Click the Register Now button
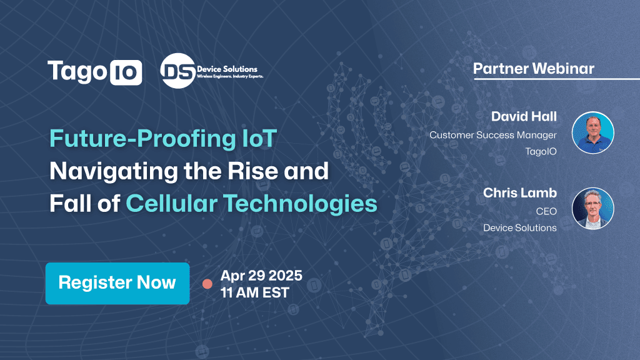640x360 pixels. pyautogui.click(x=117, y=283)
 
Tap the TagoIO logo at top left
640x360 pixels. pyautogui.click(x=95, y=72)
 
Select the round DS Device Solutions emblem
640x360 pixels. pyautogui.click(x=178, y=71)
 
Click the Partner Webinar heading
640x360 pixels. pyautogui.click(x=534, y=69)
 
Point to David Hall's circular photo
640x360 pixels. pyautogui.click(x=592, y=132)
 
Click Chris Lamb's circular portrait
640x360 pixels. pyautogui.click(x=592, y=208)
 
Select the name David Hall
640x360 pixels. pyautogui.click(x=524, y=116)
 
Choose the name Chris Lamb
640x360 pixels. pyautogui.click(x=520, y=192)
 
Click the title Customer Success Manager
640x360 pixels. pyautogui.click(x=493, y=135)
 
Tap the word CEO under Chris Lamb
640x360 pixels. pyautogui.click(x=546, y=211)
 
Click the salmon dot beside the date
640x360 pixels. pyautogui.click(x=207, y=284)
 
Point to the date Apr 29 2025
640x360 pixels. pyautogui.click(x=261, y=276)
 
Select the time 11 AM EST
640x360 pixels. pyautogui.click(x=255, y=292)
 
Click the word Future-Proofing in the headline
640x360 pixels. pyautogui.click(x=142, y=139)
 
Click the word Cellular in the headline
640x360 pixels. pyautogui.click(x=171, y=203)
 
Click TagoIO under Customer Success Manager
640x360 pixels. pyautogui.click(x=541, y=151)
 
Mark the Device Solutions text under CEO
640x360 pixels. pyautogui.click(x=520, y=227)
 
